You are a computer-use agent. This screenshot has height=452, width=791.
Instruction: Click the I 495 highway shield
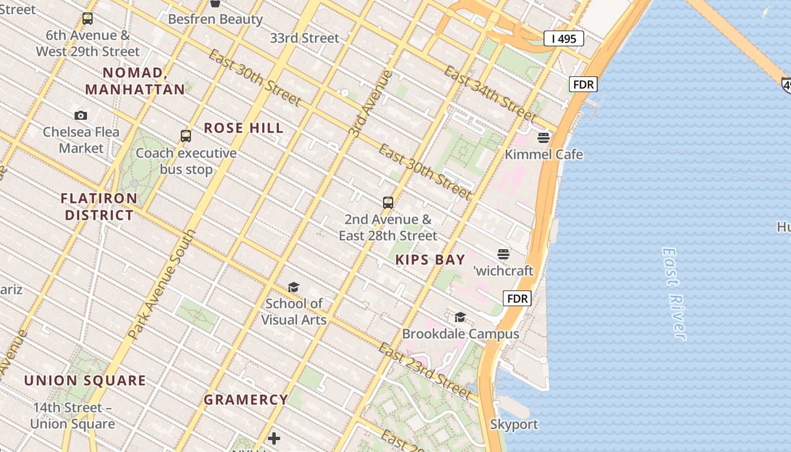(563, 38)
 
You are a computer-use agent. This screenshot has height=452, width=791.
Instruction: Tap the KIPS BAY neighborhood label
(430, 260)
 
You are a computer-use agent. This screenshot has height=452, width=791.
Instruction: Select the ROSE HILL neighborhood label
(244, 128)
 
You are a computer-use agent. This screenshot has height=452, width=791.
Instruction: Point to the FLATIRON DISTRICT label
(99, 207)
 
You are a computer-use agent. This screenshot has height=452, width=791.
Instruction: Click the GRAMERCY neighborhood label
(246, 400)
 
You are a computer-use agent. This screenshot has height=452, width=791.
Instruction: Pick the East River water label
(674, 293)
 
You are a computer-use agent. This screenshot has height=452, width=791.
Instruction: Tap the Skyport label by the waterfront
(514, 424)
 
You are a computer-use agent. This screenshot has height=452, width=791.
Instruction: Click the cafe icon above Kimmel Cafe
(544, 137)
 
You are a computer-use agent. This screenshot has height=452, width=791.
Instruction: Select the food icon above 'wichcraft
(503, 254)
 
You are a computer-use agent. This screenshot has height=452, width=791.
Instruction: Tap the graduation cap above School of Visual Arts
(293, 288)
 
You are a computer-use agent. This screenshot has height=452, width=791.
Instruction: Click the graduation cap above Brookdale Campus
(460, 317)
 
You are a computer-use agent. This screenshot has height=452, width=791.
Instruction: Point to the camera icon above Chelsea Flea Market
(81, 116)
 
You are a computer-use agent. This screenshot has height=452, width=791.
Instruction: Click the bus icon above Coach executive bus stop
(186, 136)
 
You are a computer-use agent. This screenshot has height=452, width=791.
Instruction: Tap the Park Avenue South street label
(162, 284)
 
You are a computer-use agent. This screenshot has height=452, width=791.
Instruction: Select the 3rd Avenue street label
(371, 104)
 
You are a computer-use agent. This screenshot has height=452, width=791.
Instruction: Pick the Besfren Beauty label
(215, 19)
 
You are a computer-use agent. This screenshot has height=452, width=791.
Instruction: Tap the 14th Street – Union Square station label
(72, 416)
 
